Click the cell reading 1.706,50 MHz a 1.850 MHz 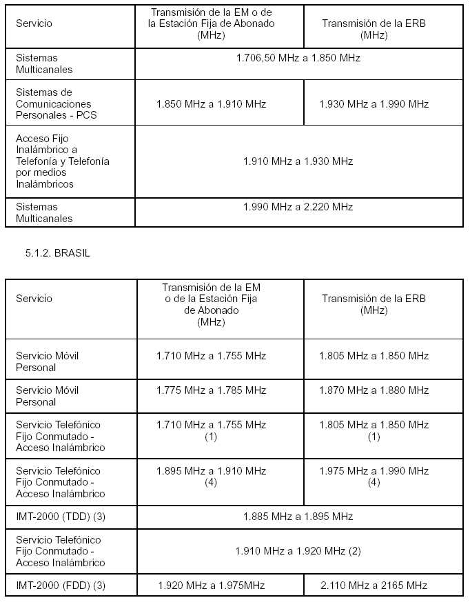(298, 58)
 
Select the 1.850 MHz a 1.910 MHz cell (211, 104)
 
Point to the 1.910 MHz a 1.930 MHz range (298, 161)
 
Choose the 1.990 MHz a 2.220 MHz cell (298, 207)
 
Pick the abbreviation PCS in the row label (86, 115)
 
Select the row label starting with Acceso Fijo (62, 161)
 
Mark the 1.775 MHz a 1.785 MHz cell (211, 390)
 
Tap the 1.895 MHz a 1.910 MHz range (211, 471)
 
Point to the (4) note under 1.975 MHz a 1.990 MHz (374, 483)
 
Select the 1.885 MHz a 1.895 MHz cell (298, 517)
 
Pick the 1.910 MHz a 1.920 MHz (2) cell (298, 551)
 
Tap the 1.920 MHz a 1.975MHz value (211, 586)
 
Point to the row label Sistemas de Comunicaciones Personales (56, 103)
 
